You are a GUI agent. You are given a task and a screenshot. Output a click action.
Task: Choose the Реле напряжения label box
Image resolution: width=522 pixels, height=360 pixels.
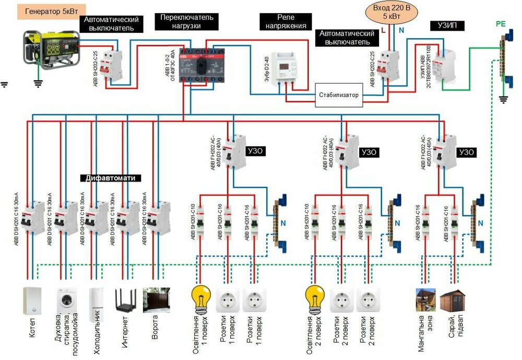286,22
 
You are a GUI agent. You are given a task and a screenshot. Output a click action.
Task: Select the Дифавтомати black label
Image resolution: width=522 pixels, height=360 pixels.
111,178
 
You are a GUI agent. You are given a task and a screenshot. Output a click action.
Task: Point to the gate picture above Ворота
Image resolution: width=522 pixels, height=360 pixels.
155,301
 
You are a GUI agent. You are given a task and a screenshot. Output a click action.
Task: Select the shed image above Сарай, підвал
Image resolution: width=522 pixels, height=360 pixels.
450,302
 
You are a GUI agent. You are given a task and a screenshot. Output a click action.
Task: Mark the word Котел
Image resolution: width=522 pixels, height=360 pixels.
33,328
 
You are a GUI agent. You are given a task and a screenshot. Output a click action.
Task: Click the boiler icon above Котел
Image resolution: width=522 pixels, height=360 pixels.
33,301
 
